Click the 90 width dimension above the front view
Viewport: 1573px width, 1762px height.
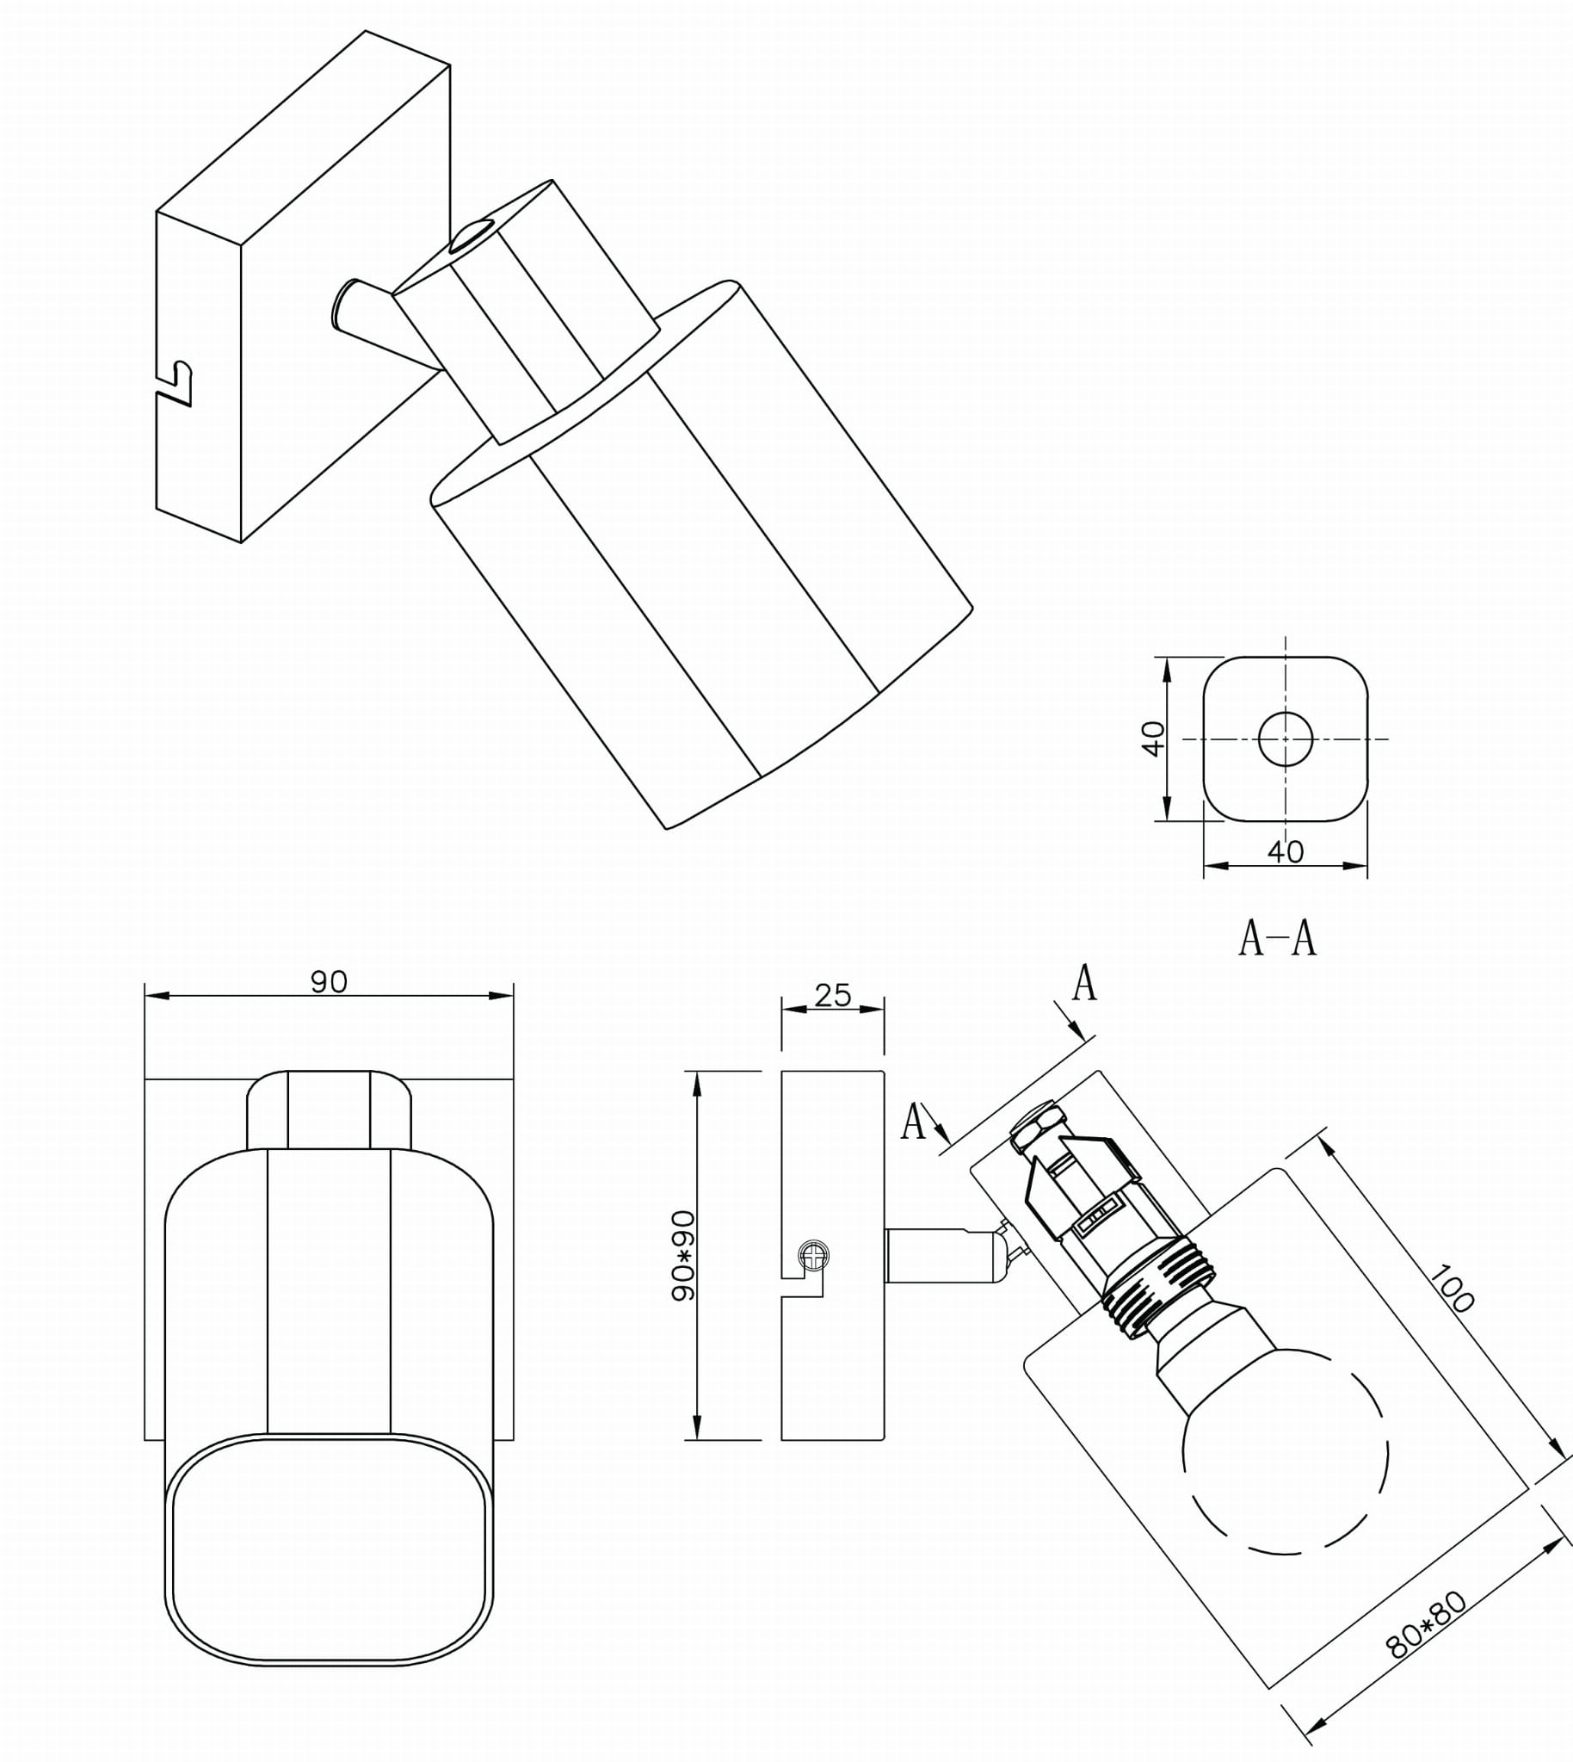329,982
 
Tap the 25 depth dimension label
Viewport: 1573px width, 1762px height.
832,995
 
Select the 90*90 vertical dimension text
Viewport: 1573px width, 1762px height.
682,1255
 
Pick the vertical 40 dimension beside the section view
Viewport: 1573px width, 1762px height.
1153,739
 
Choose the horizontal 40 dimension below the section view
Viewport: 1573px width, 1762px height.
1286,852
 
